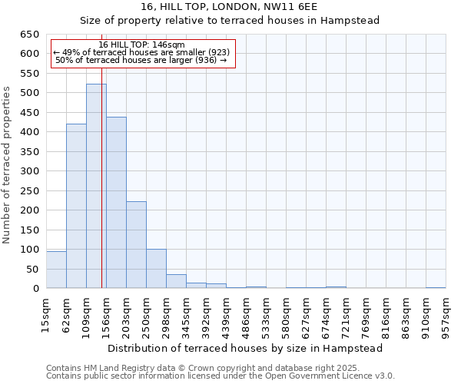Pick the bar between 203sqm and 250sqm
[136, 245]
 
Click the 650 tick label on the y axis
[28, 35]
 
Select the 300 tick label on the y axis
[28, 171]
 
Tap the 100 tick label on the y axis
[28, 250]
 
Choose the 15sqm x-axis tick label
[47, 313]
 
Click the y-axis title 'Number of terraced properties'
[8, 165]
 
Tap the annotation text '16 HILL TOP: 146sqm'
[142, 45]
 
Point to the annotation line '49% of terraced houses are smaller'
[142, 53]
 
